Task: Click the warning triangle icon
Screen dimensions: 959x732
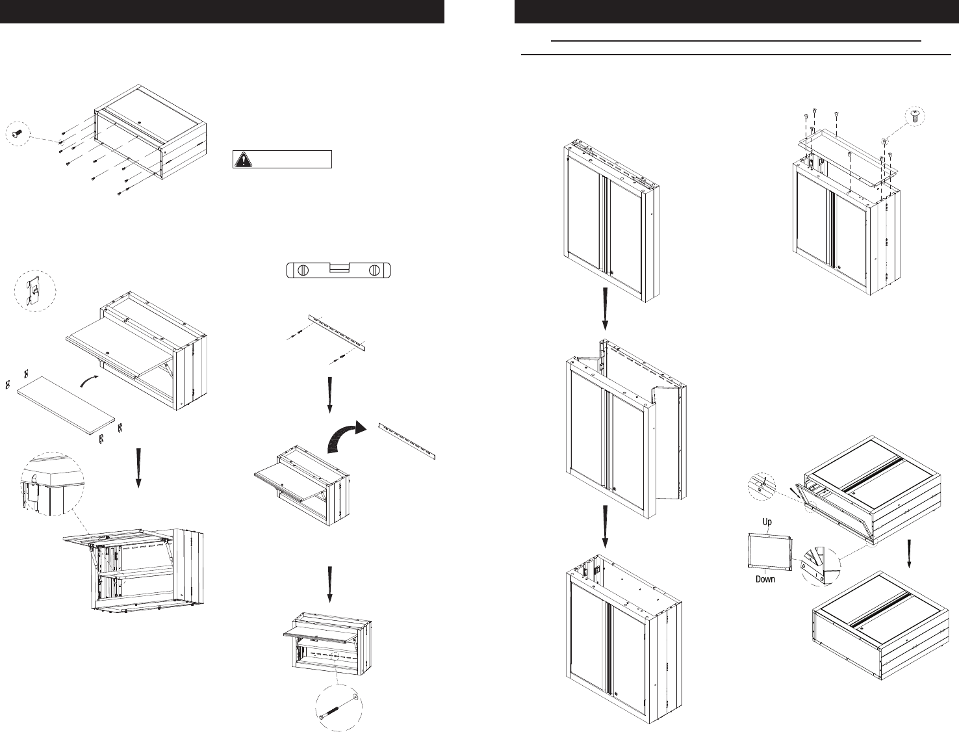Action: pyautogui.click(x=242, y=159)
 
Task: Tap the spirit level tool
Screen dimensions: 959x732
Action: pyautogui.click(x=338, y=270)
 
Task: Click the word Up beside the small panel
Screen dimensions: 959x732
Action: pyautogui.click(x=767, y=522)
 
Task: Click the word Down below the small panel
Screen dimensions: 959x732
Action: pyautogui.click(x=765, y=579)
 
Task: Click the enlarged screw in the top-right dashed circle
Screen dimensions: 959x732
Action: pyautogui.click(x=915, y=116)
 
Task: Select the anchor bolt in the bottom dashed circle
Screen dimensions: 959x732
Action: pyautogui.click(x=338, y=708)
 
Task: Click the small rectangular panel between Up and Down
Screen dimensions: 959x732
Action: pyautogui.click(x=770, y=551)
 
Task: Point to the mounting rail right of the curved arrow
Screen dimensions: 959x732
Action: pyautogui.click(x=407, y=441)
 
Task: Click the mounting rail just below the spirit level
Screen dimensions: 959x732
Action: pyautogui.click(x=337, y=333)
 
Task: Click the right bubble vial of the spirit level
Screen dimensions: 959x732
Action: pyautogui.click(x=374, y=270)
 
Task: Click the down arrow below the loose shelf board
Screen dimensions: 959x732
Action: pyautogui.click(x=138, y=467)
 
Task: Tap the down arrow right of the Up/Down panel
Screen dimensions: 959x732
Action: pyautogui.click(x=909, y=553)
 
